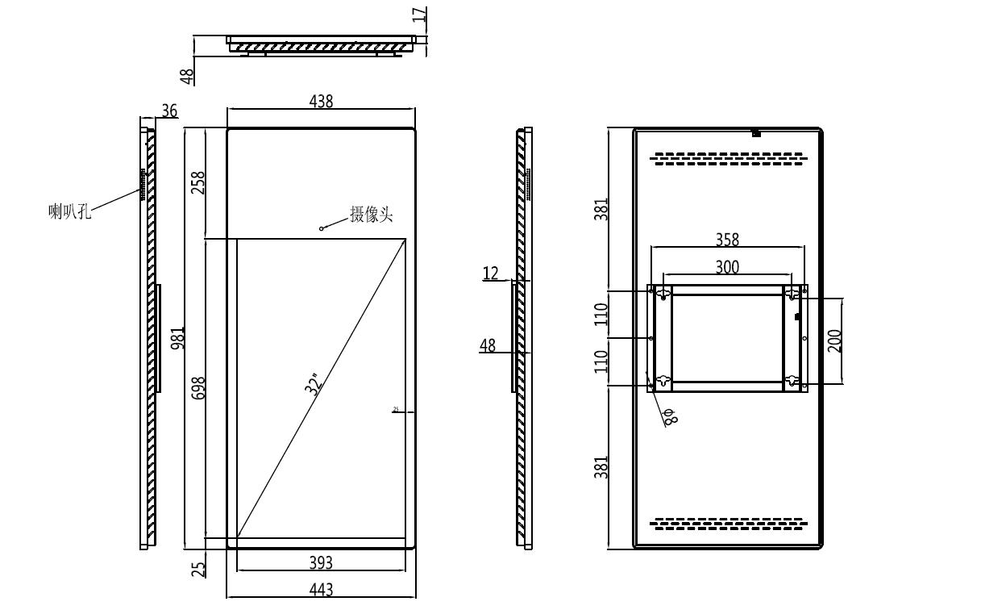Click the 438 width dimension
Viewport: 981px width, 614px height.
tap(321, 101)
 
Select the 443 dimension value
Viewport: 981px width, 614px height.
tap(321, 590)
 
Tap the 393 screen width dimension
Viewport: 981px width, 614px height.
tap(321, 562)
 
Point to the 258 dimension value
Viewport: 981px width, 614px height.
tap(197, 182)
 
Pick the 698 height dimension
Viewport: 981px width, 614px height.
tap(198, 387)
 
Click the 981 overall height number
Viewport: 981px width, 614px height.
tap(179, 337)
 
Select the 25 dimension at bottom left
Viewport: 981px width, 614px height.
tap(198, 568)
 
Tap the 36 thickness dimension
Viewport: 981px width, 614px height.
tap(169, 111)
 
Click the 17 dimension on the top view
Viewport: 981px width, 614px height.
tap(419, 15)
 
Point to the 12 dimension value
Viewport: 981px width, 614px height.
tap(491, 274)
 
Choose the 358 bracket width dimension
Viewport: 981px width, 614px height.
tap(727, 240)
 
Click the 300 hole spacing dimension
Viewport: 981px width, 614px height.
tap(727, 267)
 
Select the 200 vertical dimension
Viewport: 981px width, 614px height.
tap(835, 340)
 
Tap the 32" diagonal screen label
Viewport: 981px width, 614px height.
tap(314, 383)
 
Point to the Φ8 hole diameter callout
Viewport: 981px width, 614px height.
tap(669, 416)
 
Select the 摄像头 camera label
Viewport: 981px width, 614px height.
tap(371, 215)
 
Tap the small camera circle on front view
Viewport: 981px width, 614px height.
tap(322, 228)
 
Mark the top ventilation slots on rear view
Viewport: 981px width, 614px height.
tap(728, 159)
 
